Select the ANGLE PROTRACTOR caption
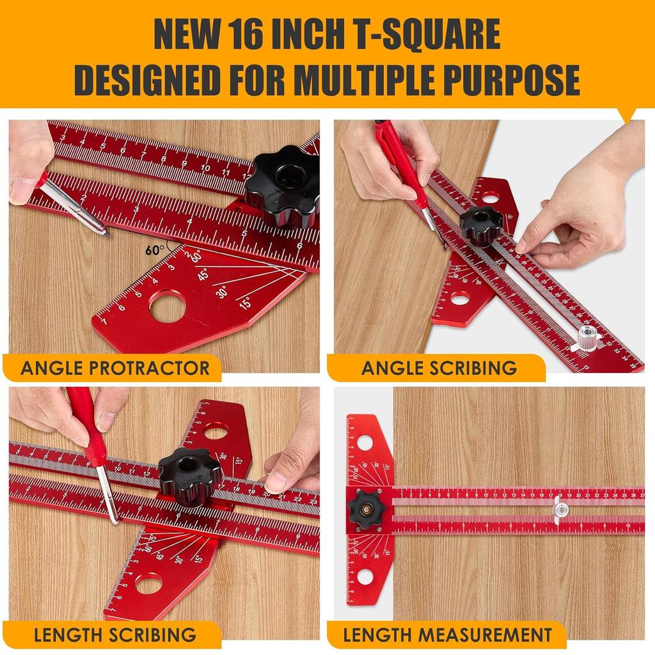[x=115, y=368]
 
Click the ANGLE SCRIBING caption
[x=439, y=368]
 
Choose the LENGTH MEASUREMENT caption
[x=447, y=635]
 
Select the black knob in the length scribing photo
[x=190, y=476]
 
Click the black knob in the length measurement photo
[x=367, y=510]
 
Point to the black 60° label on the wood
[x=154, y=250]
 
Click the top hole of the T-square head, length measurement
[x=365, y=442]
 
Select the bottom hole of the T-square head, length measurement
[x=365, y=576]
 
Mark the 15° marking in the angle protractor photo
[x=244, y=303]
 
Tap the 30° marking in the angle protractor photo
[x=222, y=291]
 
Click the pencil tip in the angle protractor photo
[x=107, y=233]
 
